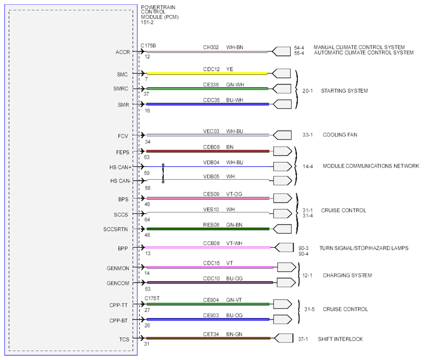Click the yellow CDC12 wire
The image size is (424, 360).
(x=207, y=73)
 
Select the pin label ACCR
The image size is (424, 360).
(x=123, y=52)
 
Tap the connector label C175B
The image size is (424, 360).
(x=148, y=46)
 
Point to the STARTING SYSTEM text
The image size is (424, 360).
(x=344, y=91)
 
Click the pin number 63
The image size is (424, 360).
(x=146, y=157)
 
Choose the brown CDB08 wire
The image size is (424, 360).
(x=208, y=151)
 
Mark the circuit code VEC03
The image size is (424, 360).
(x=211, y=131)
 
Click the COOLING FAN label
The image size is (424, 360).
(x=340, y=135)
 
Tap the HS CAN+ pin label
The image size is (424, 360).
(x=120, y=168)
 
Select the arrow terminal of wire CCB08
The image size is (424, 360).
(x=284, y=248)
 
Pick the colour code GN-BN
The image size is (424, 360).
(x=234, y=225)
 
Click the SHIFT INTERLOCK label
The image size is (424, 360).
(x=340, y=339)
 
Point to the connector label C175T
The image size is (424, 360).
(x=152, y=298)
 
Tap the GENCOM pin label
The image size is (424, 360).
(x=118, y=283)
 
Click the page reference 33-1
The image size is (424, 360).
(x=307, y=135)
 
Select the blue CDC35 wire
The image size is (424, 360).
(x=208, y=104)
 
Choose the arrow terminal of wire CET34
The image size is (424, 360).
(x=283, y=338)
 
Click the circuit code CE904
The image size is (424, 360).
(x=211, y=300)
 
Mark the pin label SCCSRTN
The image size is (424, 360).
(x=115, y=229)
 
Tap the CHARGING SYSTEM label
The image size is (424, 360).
(x=347, y=275)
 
